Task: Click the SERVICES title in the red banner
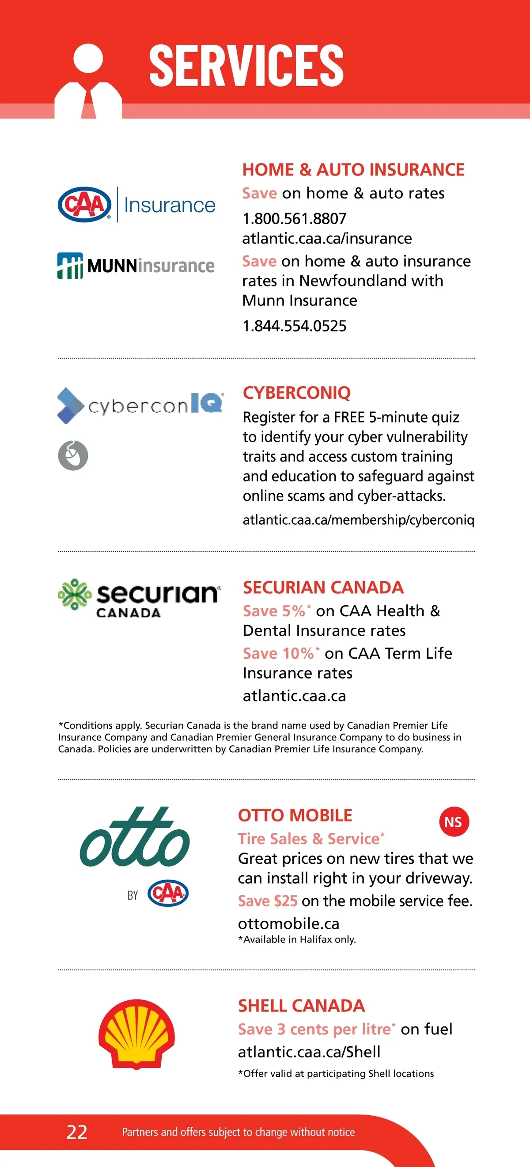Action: coord(246,65)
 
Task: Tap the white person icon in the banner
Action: coord(88,81)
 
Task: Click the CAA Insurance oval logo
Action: coord(85,205)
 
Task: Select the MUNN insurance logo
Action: coord(136,266)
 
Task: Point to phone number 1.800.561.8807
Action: coord(294,219)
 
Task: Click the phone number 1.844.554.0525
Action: coord(294,326)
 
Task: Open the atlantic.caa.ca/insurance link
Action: coord(327,238)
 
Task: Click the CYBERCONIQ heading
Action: coord(296,393)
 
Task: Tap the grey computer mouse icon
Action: coord(73,455)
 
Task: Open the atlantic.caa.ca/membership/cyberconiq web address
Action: coord(359,519)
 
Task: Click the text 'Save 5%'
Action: coord(274,610)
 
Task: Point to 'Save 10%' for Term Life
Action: coord(278,653)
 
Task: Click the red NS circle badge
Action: coord(454,822)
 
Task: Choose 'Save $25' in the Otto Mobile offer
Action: coord(268,900)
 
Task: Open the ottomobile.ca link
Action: coord(288,923)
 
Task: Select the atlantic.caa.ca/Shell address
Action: coord(309,1052)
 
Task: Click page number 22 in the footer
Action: coord(77,1132)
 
